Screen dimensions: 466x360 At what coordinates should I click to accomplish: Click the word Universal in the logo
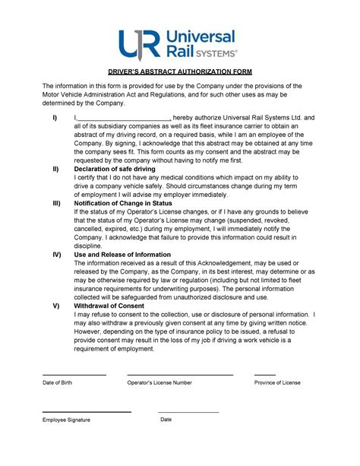click(201, 36)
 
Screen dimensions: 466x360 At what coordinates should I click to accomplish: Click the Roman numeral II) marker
click(55, 169)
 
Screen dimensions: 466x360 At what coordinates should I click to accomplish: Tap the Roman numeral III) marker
click(56, 204)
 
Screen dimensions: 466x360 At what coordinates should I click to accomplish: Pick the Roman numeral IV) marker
click(56, 255)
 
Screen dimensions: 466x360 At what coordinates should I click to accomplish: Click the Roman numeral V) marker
click(55, 306)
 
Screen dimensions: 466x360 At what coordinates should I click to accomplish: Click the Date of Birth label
click(57, 383)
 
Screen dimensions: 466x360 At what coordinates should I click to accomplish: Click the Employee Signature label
click(66, 420)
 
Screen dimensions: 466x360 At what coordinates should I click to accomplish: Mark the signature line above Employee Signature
click(87, 412)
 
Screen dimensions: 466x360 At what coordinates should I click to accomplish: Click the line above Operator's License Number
click(180, 375)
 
